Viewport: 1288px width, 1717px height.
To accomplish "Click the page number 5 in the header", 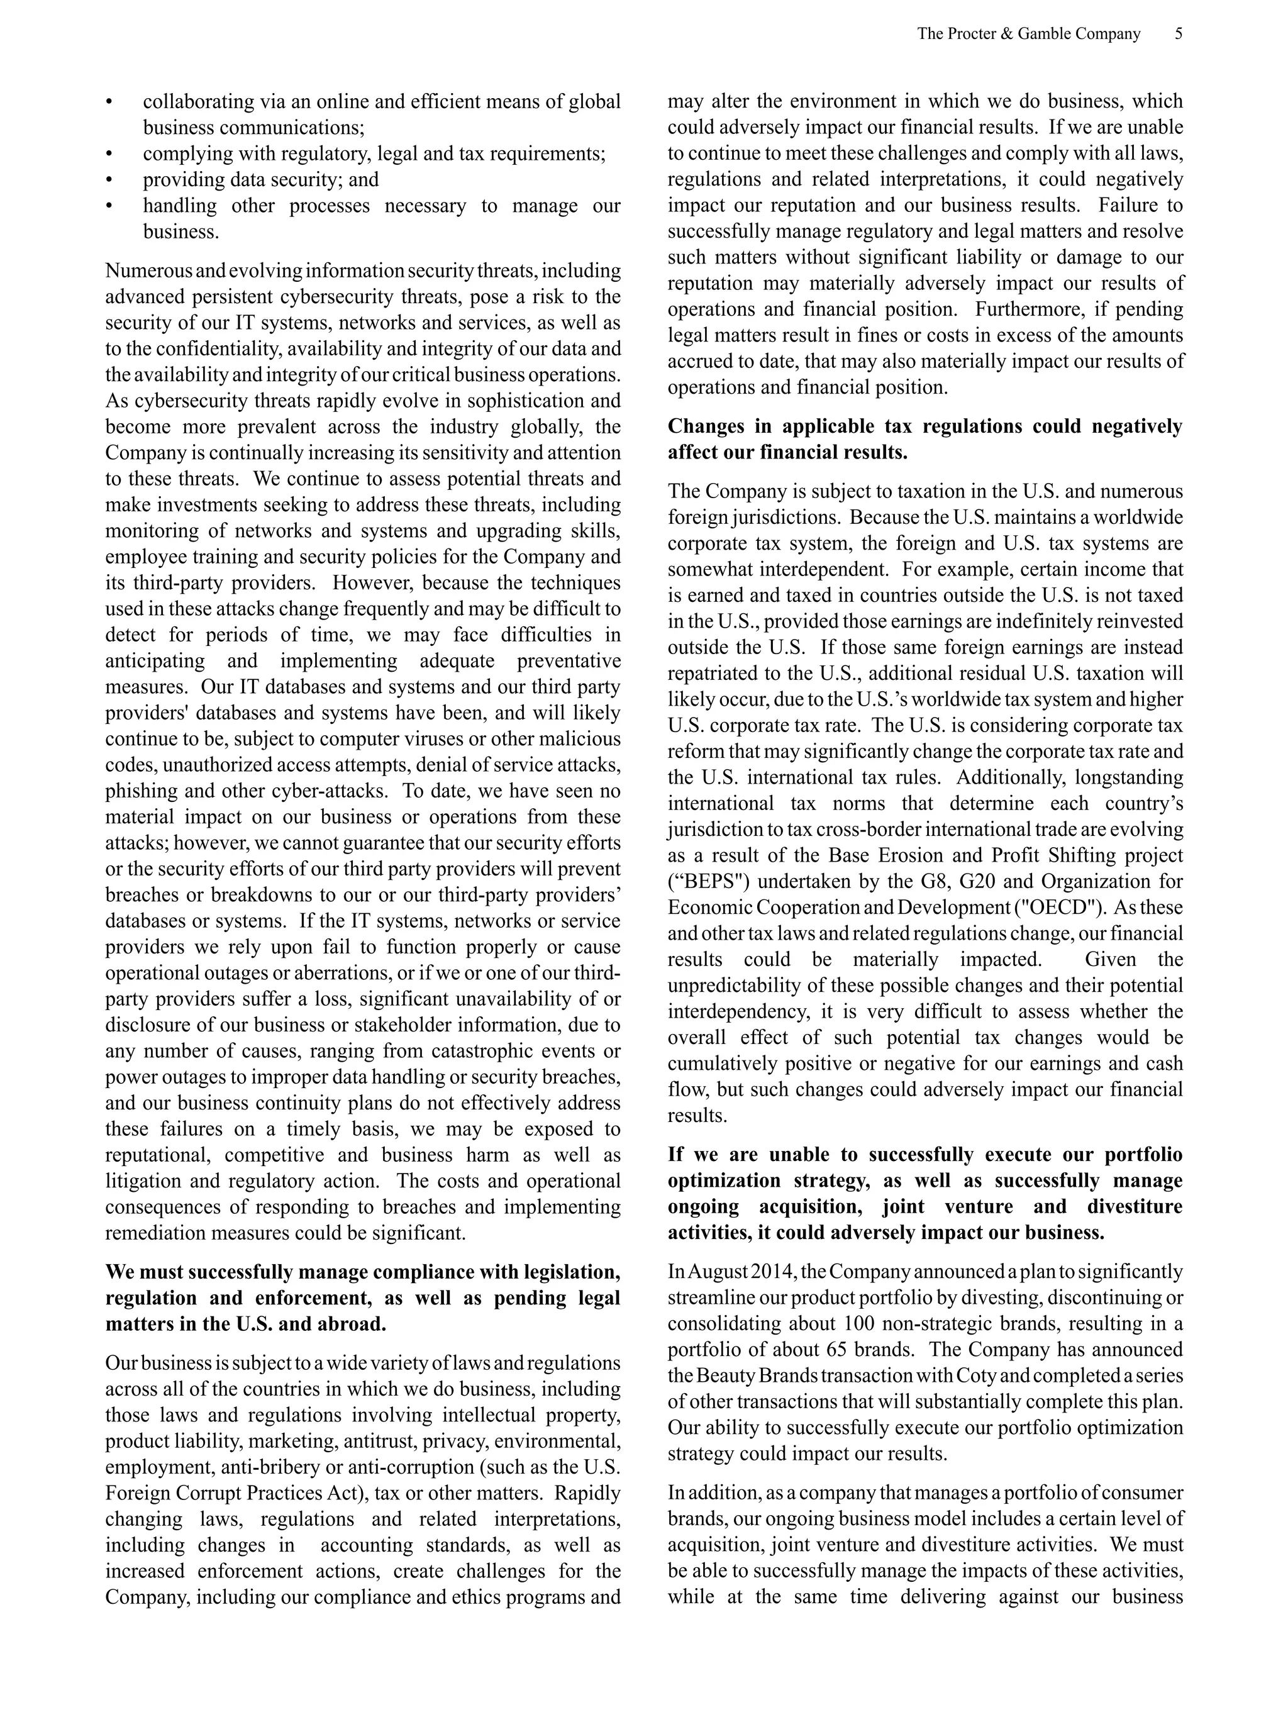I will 1178,34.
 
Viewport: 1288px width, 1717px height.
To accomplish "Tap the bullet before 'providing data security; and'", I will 109,180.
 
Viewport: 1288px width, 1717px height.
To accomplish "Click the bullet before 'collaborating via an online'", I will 109,103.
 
